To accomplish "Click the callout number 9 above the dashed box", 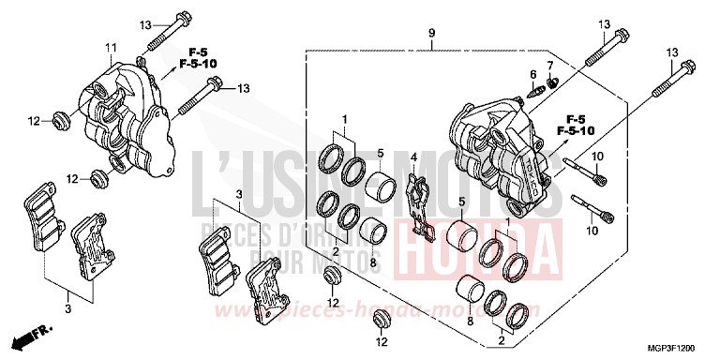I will [x=431, y=34].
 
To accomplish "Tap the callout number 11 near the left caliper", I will [x=110, y=48].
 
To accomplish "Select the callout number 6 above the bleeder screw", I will [x=532, y=74].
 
